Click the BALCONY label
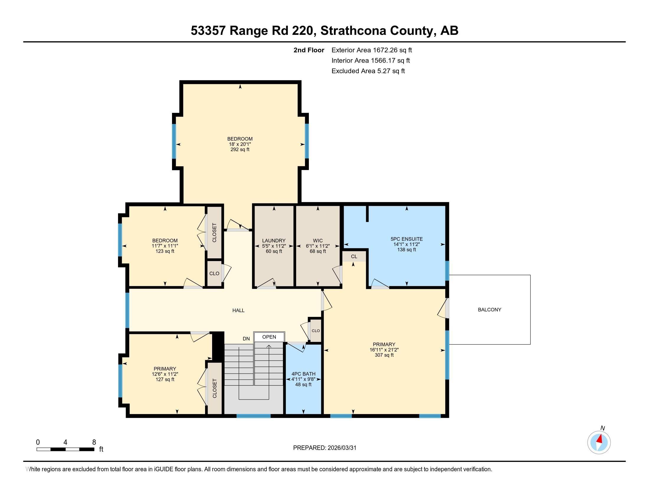click(489, 309)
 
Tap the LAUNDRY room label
click(274, 241)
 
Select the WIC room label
click(318, 241)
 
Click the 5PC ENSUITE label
click(406, 239)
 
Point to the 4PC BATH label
click(303, 374)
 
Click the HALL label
click(238, 310)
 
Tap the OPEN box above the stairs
click(269, 337)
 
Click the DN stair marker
click(246, 339)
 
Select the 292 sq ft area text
click(240, 150)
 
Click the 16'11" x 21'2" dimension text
click(384, 350)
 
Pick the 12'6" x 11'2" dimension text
click(165, 374)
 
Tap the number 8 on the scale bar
click(94, 442)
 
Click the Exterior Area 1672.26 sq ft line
click(371, 50)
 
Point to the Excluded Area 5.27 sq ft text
click(368, 71)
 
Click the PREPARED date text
click(324, 448)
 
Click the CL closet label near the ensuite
click(354, 256)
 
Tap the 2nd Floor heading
click(309, 50)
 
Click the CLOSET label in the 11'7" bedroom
click(214, 233)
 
